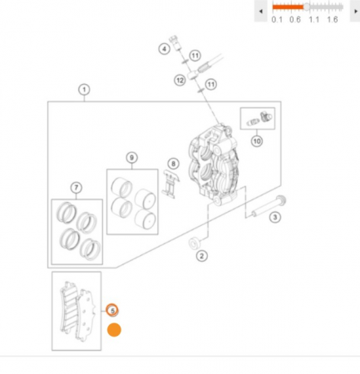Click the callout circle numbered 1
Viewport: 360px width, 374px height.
84,90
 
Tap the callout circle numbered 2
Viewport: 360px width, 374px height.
201,256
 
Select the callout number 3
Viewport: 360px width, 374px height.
275,217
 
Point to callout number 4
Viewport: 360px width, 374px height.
165,49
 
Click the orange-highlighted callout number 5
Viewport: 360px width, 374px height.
112,310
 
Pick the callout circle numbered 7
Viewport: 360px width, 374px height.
76,188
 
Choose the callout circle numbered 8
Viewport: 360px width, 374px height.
174,164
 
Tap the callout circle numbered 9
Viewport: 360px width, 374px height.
131,158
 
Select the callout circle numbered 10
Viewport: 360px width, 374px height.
257,141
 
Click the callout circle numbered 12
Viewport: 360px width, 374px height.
180,81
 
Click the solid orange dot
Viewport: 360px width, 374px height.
114,330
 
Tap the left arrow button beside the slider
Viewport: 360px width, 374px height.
261,11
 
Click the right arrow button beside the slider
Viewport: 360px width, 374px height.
355,11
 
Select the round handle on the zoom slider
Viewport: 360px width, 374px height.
307,7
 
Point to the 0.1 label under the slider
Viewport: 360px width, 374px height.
277,20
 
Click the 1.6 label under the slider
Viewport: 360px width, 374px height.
332,20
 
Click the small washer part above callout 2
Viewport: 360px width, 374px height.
194,244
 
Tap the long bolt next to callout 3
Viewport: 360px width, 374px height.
269,206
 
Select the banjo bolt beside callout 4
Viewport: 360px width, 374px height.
175,42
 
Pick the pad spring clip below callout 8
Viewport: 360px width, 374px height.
170,185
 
